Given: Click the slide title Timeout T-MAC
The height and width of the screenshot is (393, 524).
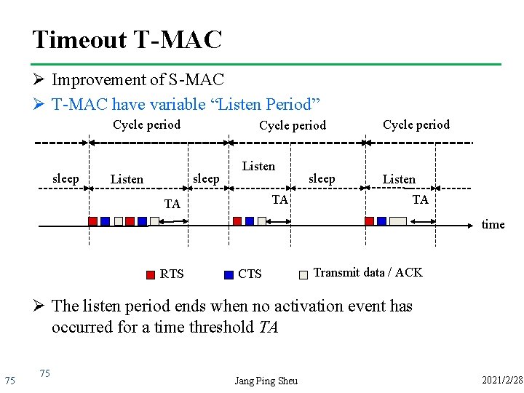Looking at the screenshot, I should pyautogui.click(x=127, y=39).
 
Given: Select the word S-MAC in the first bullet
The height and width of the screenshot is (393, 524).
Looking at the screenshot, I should pyautogui.click(x=196, y=79).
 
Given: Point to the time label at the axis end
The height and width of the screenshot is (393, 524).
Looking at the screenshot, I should pyautogui.click(x=493, y=224).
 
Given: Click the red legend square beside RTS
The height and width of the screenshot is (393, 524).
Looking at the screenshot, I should pyautogui.click(x=150, y=275).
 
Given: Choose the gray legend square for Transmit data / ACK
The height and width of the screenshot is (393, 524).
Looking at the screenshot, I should pyautogui.click(x=303, y=275).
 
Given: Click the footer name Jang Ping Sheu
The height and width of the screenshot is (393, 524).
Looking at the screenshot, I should pyautogui.click(x=266, y=381).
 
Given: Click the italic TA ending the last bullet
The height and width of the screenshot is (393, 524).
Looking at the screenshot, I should pyautogui.click(x=269, y=327).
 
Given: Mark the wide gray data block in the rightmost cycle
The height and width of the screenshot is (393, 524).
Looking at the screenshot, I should pyautogui.click(x=398, y=221).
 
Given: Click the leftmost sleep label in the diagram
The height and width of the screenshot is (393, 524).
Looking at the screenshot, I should pyautogui.click(x=66, y=178).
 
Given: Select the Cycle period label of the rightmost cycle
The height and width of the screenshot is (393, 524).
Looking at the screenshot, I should pyautogui.click(x=416, y=124).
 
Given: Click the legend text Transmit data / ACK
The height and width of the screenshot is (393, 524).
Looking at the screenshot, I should pyautogui.click(x=368, y=272).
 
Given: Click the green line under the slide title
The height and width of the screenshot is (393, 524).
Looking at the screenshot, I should pyautogui.click(x=266, y=64).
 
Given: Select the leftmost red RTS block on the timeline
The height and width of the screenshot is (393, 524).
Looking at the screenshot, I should pyautogui.click(x=92, y=221).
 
